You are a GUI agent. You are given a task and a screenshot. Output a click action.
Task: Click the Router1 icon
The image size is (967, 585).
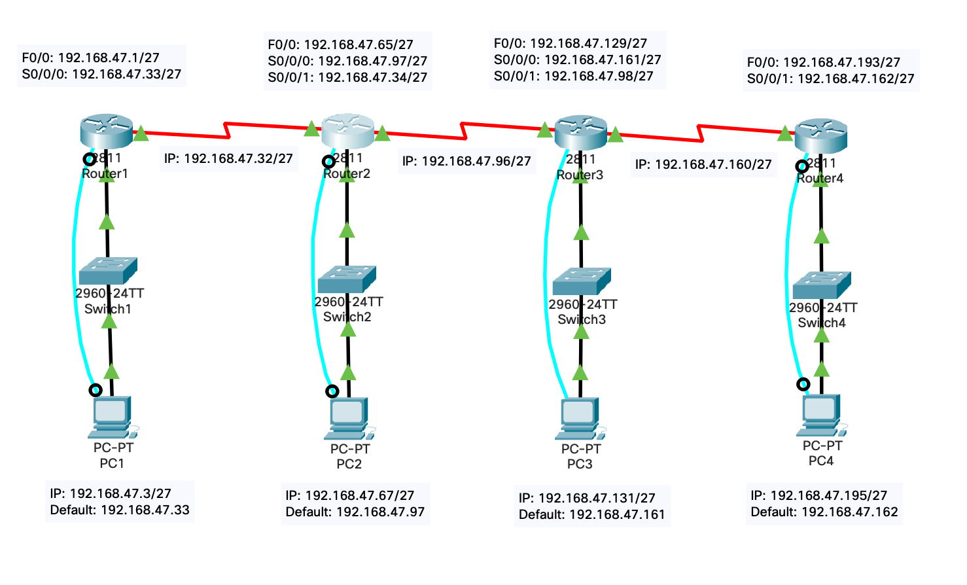107,131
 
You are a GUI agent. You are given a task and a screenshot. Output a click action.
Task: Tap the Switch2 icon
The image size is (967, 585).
347,279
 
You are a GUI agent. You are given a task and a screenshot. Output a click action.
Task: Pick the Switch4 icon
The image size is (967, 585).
821,285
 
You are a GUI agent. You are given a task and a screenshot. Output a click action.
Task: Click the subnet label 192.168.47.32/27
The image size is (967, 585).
228,158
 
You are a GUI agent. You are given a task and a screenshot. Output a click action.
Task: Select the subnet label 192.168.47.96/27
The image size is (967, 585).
466,161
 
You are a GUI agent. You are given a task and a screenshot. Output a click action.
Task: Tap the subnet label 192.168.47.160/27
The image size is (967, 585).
703,164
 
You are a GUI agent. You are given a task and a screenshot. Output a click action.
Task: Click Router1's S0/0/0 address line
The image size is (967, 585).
101,74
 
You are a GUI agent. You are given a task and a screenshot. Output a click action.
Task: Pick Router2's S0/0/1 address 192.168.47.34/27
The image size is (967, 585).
347,77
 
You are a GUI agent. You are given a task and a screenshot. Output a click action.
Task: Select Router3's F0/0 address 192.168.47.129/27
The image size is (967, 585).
570,43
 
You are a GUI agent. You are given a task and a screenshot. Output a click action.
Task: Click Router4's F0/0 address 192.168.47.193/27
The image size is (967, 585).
823,62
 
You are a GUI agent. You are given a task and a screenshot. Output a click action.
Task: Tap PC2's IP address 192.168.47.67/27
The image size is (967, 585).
349,495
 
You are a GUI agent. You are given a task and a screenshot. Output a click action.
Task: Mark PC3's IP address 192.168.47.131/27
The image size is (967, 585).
586,498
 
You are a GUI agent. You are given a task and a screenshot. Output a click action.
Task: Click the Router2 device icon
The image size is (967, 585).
347,131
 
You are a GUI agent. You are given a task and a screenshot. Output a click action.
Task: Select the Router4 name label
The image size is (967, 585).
820,178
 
